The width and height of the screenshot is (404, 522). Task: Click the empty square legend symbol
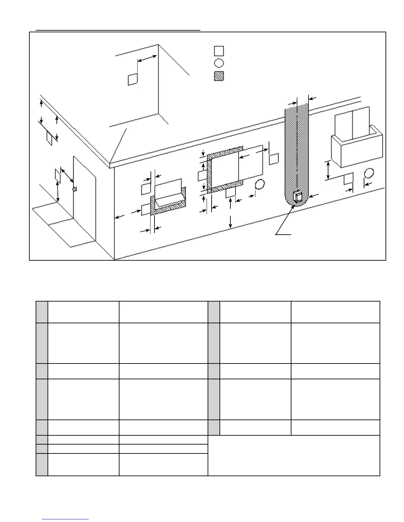[x=219, y=51]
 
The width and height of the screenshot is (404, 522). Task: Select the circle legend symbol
[x=219, y=63]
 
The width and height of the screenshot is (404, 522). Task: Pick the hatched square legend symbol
[x=219, y=76]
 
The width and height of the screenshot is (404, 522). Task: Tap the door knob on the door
[x=75, y=189]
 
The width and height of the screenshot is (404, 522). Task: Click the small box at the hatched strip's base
[x=297, y=197]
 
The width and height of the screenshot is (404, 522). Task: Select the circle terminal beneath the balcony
[x=369, y=173]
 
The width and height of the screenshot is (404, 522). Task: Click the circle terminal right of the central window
[x=260, y=185]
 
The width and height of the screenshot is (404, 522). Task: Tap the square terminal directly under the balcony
[x=349, y=179]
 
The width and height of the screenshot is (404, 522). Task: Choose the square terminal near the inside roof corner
[x=132, y=79]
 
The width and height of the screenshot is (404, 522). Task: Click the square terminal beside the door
[x=57, y=174]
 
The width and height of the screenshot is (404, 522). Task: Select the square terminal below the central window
[x=230, y=193]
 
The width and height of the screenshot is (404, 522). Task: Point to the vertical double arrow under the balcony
[x=328, y=170]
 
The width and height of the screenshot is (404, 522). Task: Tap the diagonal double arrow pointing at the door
[x=67, y=175]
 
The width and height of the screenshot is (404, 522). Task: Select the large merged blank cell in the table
[x=294, y=455]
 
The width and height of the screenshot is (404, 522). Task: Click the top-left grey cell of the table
[x=42, y=312]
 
